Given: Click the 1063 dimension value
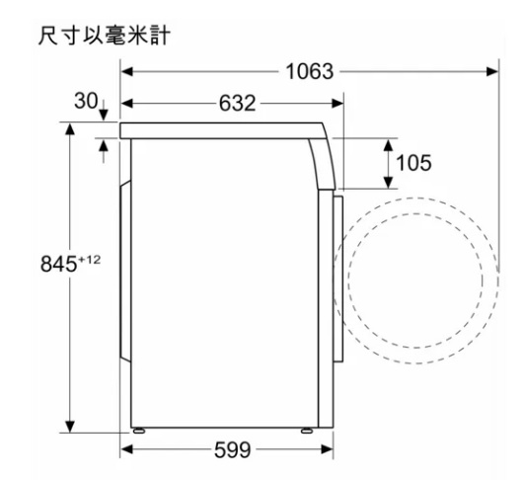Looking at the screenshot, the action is click(x=310, y=72).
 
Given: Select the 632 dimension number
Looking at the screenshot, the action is click(x=237, y=104).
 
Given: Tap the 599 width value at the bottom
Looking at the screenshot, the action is click(x=232, y=449).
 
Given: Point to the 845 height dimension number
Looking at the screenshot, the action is click(x=58, y=264).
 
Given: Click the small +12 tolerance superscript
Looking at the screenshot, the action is click(x=89, y=260).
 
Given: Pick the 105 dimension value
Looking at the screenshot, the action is click(x=413, y=163).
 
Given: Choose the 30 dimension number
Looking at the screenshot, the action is click(x=86, y=101).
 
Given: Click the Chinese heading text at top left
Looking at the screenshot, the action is click(x=105, y=36).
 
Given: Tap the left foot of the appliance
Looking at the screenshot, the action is click(x=139, y=431).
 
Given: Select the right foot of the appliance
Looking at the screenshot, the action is click(x=307, y=431).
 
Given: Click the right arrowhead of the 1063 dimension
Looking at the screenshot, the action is click(x=491, y=71).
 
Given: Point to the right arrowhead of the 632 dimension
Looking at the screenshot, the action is click(x=337, y=104).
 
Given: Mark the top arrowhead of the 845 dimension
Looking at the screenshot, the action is click(x=70, y=129).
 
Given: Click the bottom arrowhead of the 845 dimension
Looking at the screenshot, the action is click(x=70, y=426).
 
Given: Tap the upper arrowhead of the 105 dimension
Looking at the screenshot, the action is click(x=388, y=145).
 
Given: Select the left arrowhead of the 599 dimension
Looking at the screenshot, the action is click(x=126, y=449).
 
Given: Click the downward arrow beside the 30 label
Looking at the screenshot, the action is click(x=103, y=110).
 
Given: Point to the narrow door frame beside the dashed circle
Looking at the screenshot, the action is click(x=338, y=279).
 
